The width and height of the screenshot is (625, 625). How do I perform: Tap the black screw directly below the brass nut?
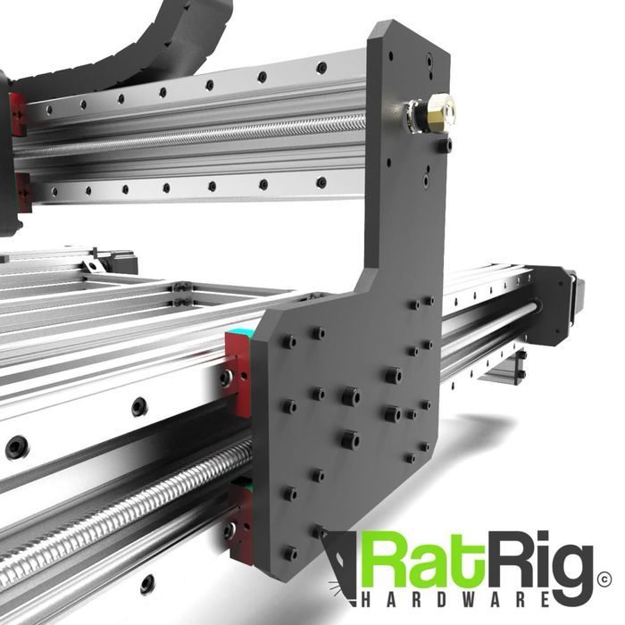pos(444,143)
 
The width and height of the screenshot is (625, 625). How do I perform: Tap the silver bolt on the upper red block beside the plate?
pos(227,378)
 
